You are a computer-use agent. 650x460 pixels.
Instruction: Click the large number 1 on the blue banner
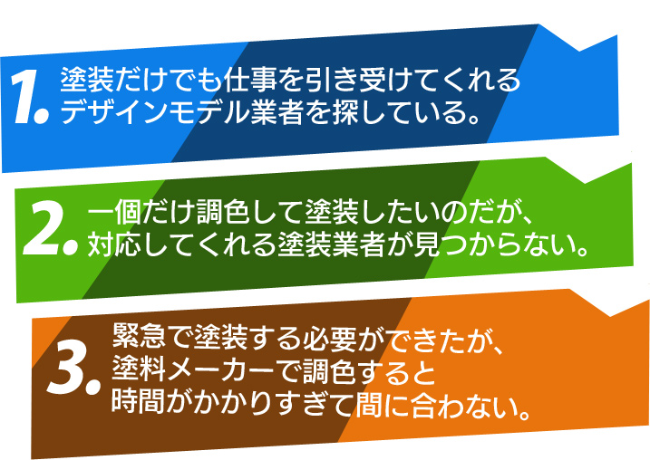pos(24,97)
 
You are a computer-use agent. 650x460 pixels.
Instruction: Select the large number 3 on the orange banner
pos(67,368)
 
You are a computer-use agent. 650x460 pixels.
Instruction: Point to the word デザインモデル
pos(155,111)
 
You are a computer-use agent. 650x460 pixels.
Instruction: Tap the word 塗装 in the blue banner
pos(87,79)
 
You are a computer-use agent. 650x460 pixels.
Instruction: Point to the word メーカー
pos(220,369)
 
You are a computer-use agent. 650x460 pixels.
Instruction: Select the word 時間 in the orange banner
pos(139,400)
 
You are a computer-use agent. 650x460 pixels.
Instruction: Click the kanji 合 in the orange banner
pos(423,402)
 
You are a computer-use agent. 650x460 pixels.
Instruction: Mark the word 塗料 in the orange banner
pos(139,368)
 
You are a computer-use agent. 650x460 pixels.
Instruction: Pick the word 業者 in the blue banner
pos(276,111)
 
